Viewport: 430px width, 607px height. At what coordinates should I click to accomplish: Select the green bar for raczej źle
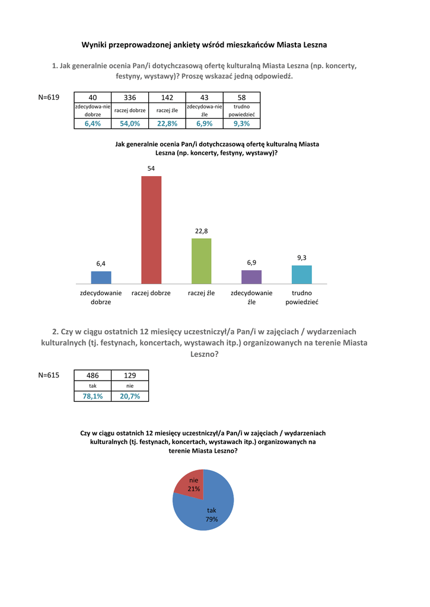[201, 261]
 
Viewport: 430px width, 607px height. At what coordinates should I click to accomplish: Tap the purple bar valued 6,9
[251, 277]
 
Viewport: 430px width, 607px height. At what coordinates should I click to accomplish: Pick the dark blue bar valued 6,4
[101, 277]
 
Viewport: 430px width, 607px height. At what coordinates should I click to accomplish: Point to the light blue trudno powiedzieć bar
[302, 274]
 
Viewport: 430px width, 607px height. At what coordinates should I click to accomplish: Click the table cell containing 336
[130, 97]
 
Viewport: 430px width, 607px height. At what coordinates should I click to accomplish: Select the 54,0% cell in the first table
[130, 123]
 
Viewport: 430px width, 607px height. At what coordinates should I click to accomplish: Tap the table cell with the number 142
[167, 97]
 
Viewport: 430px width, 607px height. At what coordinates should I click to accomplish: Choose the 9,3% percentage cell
[241, 123]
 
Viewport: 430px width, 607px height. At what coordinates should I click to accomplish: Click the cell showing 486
[93, 375]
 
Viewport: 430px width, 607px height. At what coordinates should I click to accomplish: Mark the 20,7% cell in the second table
[130, 396]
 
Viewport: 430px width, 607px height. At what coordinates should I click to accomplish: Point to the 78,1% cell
[93, 396]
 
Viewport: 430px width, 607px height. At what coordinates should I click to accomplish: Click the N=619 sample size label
[49, 97]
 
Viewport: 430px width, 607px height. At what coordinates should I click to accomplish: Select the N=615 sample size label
[49, 375]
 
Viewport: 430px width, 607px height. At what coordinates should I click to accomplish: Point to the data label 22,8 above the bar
[201, 231]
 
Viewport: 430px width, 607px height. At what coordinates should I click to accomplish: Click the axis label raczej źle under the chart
[201, 293]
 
